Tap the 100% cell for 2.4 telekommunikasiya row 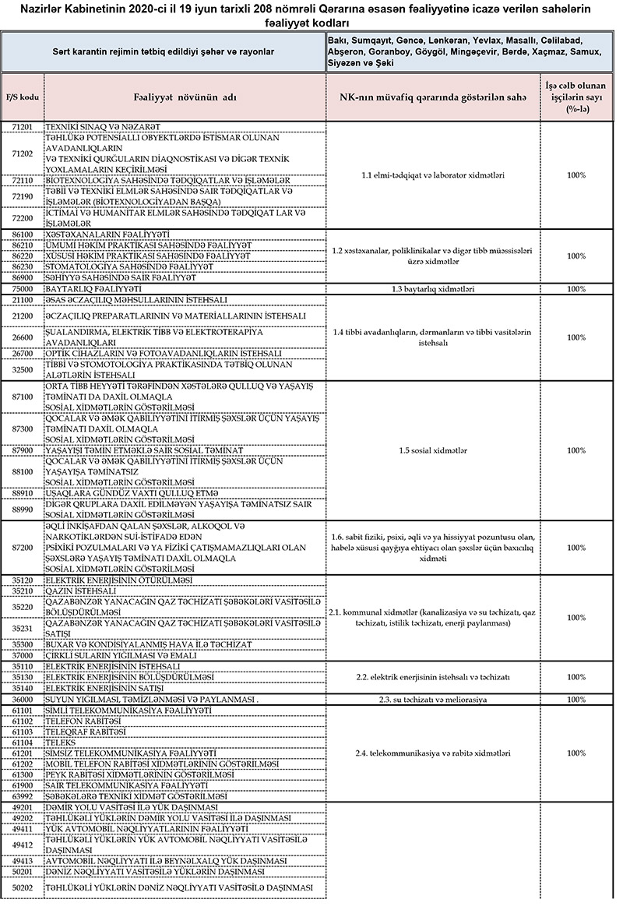point(576,753)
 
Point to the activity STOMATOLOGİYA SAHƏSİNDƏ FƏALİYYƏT point(136,266)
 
